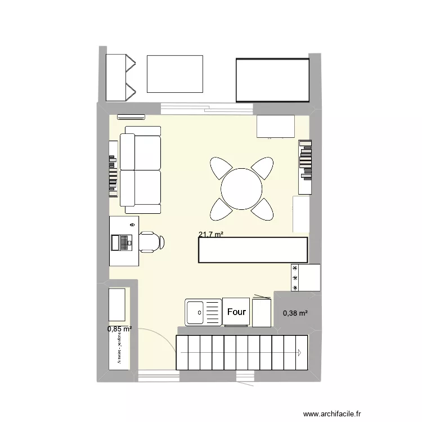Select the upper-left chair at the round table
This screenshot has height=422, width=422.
pos(221,168)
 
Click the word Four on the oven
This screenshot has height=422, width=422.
pos(236,312)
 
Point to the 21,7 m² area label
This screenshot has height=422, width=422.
pos(210,235)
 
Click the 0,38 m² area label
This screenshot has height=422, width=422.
pos(295,313)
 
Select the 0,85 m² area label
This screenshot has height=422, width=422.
pos(120,329)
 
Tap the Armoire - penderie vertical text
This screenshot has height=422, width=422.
pos(120,348)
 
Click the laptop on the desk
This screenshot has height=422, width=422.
pos(122,243)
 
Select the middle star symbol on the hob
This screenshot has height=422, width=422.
pos(295,278)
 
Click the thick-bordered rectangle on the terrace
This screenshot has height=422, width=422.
pos(272,79)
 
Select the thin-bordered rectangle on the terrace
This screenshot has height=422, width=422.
pos(174,74)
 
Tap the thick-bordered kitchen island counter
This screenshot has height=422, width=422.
pos(253,250)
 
